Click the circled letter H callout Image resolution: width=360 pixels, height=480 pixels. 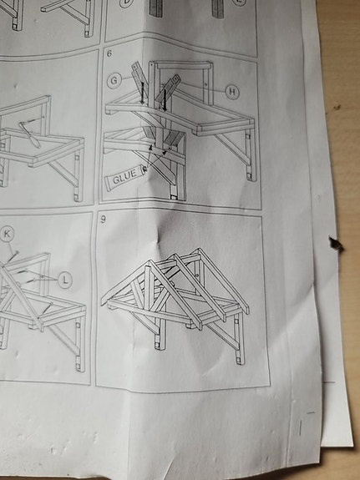coord(231,90)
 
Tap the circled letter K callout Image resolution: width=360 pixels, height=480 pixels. coord(8,233)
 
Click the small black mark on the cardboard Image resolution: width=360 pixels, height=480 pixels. coord(336,244)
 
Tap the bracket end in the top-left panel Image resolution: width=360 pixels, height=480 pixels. coord(88,31)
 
